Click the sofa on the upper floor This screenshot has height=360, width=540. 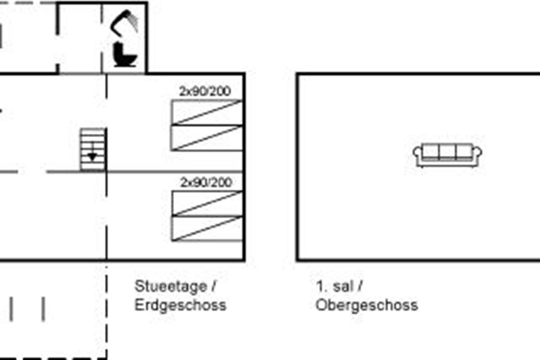[x=447, y=155]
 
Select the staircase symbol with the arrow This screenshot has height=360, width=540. [x=93, y=149]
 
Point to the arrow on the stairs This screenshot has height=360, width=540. [x=92, y=156]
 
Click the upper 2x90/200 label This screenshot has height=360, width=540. [x=205, y=91]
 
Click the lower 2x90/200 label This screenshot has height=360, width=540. [x=206, y=182]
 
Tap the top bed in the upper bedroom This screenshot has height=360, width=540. [x=207, y=112]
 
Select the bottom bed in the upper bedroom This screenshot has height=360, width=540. [x=207, y=138]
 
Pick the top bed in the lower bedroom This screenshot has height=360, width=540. [x=207, y=203]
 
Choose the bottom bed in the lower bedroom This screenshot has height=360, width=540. [x=207, y=229]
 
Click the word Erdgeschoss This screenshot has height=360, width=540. [x=180, y=305]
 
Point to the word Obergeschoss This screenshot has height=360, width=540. [x=366, y=305]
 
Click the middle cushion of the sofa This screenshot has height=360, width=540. [x=447, y=151]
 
